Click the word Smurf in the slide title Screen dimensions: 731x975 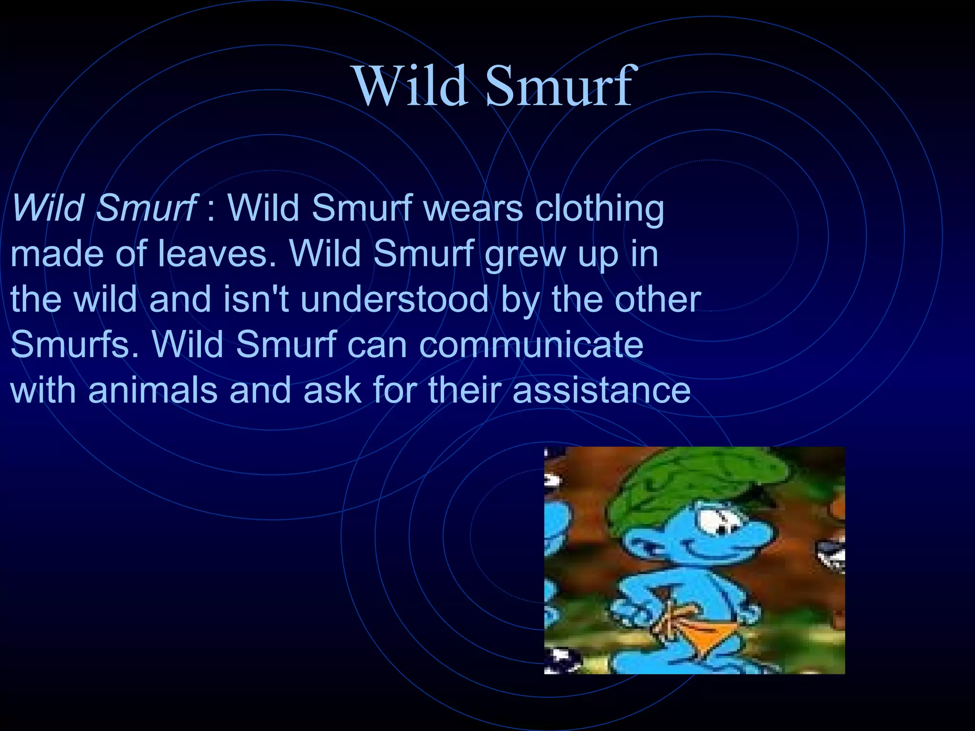[559, 87]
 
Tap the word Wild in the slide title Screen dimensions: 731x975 [410, 87]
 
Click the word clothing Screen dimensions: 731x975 [599, 209]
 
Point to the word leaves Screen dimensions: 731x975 [217, 253]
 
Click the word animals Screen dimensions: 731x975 [153, 390]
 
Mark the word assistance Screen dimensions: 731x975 [601, 390]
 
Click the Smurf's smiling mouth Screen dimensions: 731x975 [714, 554]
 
